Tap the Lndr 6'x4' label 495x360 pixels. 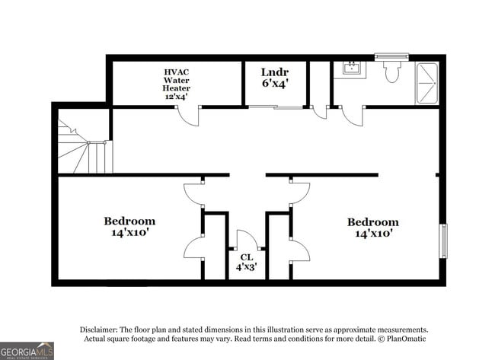275,78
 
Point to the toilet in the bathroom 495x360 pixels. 392,72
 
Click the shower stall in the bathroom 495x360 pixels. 427,83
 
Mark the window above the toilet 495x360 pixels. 391,56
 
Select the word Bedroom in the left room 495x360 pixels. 129,221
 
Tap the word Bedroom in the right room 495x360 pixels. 372,222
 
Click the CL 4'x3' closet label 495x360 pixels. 246,262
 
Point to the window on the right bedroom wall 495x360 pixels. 442,241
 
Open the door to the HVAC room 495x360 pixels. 188,116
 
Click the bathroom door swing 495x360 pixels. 352,115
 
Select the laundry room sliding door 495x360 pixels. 275,107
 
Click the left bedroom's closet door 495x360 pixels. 193,248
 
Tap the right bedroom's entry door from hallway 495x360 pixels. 299,193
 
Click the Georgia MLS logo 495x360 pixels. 27,349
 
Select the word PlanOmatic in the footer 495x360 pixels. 404,338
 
